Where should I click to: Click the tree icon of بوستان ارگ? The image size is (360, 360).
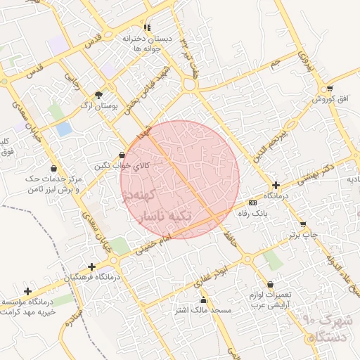coord(98,95)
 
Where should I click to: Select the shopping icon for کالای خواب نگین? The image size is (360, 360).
coord(122,155)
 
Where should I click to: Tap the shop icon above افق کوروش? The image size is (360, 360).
coord(329,89)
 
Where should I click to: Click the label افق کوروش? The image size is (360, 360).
coord(328,99)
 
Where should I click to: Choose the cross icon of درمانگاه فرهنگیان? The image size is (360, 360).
coord(91,266)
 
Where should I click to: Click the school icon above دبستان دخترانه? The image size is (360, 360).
coord(147,27)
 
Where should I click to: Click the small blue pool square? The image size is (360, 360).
coord(64,129)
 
